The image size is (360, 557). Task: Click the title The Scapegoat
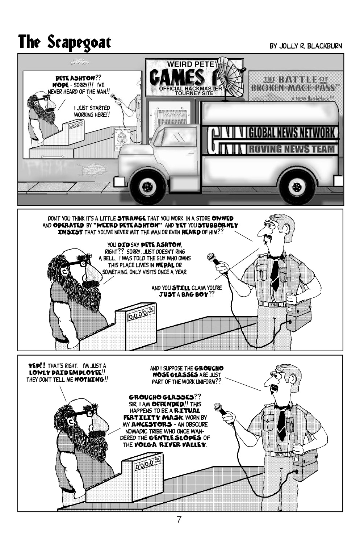tap(64, 42)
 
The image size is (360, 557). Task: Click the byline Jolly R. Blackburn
tap(305, 46)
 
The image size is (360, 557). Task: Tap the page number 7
tap(179, 519)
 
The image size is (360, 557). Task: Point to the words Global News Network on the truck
tap(292, 133)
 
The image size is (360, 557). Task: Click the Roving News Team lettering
tap(292, 149)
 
